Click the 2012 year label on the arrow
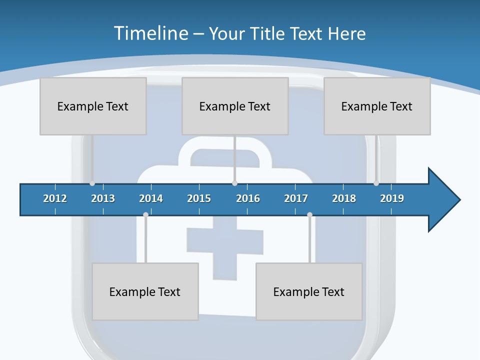tap(55, 198)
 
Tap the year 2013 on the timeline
tap(103, 198)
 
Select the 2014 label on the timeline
tap(151, 198)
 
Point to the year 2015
tap(199, 198)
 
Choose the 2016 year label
tap(248, 198)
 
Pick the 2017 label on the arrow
tap(296, 198)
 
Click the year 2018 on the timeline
tap(344, 198)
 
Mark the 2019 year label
tap(392, 198)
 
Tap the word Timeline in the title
tap(150, 33)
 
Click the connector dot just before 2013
tap(92, 183)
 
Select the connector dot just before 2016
tap(234, 183)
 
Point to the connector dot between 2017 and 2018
tap(309, 215)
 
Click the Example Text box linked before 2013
tap(93, 106)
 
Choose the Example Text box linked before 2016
tap(235, 106)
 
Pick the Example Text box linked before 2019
tap(377, 106)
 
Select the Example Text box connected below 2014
tap(145, 291)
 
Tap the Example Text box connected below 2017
tap(309, 291)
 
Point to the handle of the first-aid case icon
tap(225, 150)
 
